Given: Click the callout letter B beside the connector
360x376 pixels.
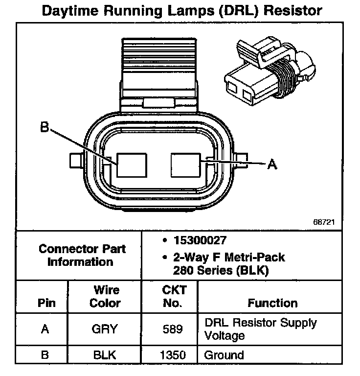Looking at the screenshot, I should click(45, 128).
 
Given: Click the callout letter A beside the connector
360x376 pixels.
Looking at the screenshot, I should click(272, 164).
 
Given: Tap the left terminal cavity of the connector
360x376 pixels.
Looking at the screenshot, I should click(132, 164).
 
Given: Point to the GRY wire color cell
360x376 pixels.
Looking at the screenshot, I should click(105, 329).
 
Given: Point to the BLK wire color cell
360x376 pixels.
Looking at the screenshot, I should click(105, 354).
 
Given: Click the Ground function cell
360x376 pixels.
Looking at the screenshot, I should click(224, 354).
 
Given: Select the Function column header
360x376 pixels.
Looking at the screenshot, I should click(272, 303).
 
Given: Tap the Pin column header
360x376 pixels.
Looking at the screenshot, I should click(45, 303).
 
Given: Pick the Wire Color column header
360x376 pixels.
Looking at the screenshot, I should click(105, 296).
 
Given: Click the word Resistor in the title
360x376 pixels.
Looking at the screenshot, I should click(292, 10).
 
